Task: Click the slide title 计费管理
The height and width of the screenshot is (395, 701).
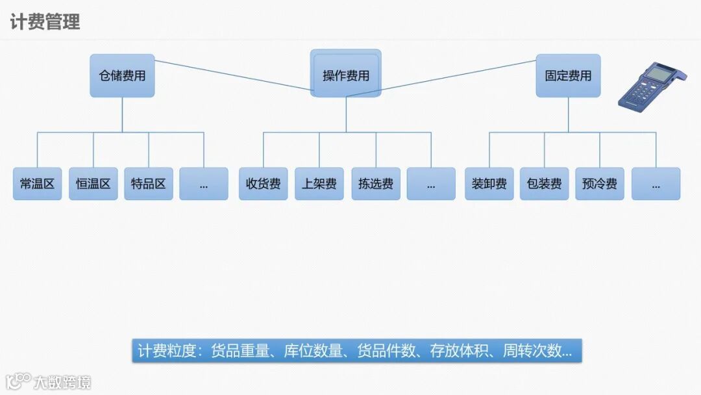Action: pyautogui.click(x=45, y=21)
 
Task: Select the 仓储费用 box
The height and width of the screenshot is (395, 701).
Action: pyautogui.click(x=122, y=75)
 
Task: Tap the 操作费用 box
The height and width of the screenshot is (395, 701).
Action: pyautogui.click(x=346, y=75)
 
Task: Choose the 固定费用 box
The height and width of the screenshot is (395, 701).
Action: pyautogui.click(x=568, y=75)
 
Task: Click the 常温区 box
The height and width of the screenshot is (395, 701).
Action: pyautogui.click(x=37, y=184)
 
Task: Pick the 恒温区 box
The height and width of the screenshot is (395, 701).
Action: pyautogui.click(x=93, y=184)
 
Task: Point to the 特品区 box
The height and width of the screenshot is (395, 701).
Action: pyautogui.click(x=149, y=184)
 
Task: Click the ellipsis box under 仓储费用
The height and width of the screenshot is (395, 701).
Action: pyautogui.click(x=204, y=184)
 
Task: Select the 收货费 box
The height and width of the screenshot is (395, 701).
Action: pyautogui.click(x=263, y=184)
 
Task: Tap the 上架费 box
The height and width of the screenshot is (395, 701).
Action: pyautogui.click(x=319, y=184)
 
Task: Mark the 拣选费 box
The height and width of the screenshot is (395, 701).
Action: pyautogui.click(x=376, y=184)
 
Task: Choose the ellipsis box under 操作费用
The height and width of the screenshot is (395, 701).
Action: pyautogui.click(x=431, y=184)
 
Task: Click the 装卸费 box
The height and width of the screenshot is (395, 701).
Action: pyautogui.click(x=489, y=184)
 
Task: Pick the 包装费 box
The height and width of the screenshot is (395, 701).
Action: pyautogui.click(x=545, y=184)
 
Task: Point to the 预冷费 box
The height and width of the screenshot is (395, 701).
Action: pyautogui.click(x=600, y=184)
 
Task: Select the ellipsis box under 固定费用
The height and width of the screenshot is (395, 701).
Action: pyautogui.click(x=656, y=184)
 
